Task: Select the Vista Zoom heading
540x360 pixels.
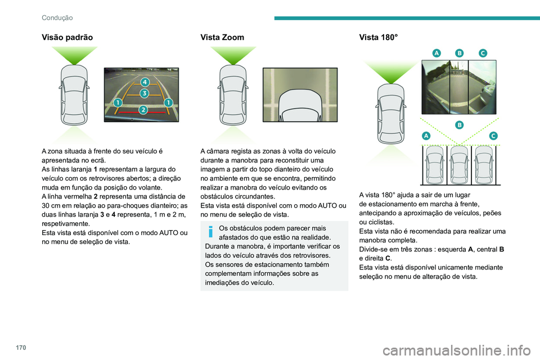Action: click(x=222, y=37)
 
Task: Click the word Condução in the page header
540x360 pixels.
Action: click(x=57, y=17)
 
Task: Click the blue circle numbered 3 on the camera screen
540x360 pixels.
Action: click(x=145, y=93)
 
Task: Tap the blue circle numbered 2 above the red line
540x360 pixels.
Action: click(x=143, y=109)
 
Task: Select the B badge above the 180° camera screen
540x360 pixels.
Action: click(x=460, y=52)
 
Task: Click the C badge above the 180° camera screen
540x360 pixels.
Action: click(x=483, y=52)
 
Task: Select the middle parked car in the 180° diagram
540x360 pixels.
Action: click(x=460, y=164)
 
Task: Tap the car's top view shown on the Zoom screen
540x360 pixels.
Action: click(x=299, y=109)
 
